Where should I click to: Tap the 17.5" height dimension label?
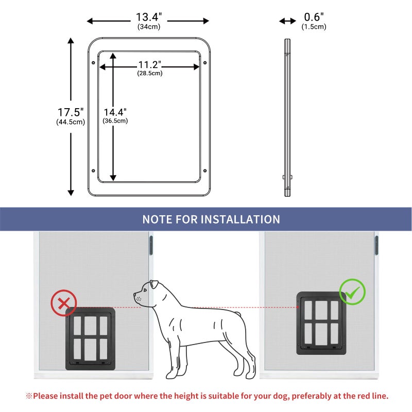[71, 112]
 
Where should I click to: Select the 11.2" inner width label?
[149, 65]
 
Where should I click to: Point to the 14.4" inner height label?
[115, 112]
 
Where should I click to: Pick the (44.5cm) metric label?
[71, 122]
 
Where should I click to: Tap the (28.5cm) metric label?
[149, 73]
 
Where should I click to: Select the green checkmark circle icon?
[352, 292]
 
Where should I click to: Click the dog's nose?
[135, 297]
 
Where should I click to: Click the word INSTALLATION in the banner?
[240, 219]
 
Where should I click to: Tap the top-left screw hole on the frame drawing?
[93, 63]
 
